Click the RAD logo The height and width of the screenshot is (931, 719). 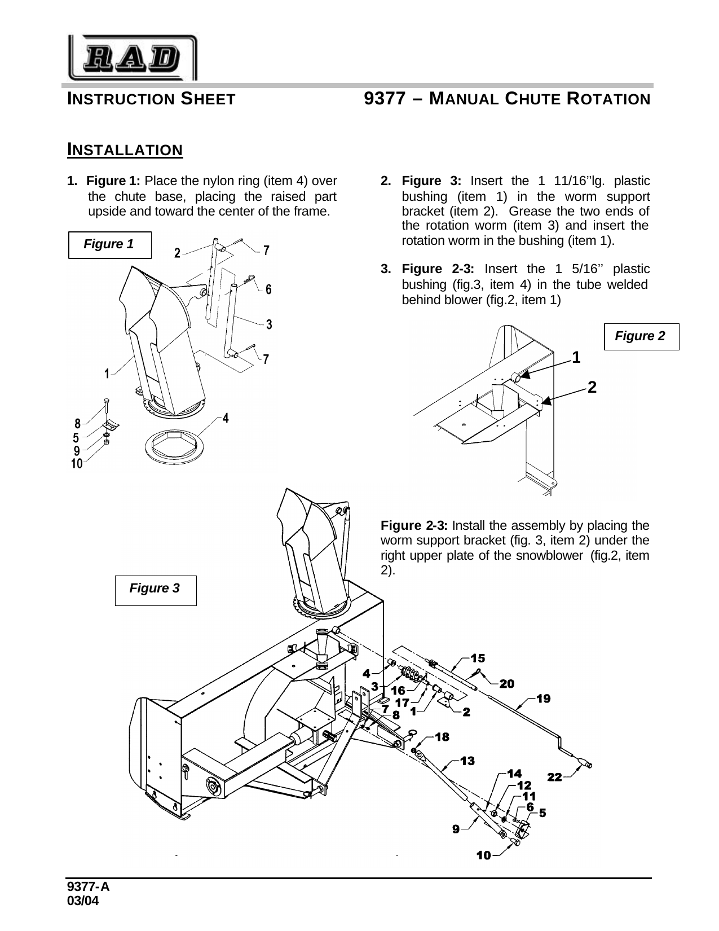pos(133,57)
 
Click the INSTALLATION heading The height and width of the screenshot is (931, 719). pos(125,150)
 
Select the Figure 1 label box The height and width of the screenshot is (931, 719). pos(109,244)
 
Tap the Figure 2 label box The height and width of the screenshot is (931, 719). pos(641,336)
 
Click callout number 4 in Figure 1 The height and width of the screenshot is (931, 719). pos(225,418)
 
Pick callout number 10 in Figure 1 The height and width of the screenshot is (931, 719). pos(77,464)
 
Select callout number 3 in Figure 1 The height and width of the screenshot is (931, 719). pos(269,324)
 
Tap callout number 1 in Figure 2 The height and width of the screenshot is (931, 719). pos(576,357)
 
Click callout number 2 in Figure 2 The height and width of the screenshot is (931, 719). pos(592,387)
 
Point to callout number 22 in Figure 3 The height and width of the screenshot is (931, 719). pos(555,777)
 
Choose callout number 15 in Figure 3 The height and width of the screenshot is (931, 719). pos(477,658)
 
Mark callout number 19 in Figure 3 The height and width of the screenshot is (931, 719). pos(543,699)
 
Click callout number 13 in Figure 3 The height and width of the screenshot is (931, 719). pos(467,761)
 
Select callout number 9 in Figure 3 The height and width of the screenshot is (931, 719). pos(455,828)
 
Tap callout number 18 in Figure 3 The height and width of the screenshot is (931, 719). pos(442,737)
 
